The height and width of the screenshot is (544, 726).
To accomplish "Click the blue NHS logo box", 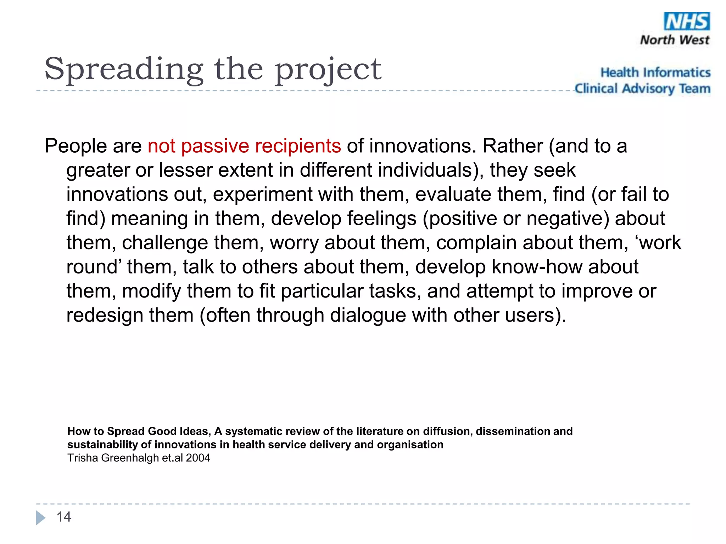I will [686, 22].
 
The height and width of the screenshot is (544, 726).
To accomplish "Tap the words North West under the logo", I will [674, 40].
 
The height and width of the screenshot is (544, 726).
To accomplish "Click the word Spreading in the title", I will [124, 70].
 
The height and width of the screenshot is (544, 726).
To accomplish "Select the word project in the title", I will [328, 70].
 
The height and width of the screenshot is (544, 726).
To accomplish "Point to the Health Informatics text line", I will [655, 73].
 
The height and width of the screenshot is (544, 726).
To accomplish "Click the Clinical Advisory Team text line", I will [642, 89].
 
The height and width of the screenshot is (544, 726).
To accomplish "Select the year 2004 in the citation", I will [198, 458].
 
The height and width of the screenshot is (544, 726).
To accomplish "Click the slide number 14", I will [64, 517].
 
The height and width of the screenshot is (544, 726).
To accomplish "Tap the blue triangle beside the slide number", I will [40, 518].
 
